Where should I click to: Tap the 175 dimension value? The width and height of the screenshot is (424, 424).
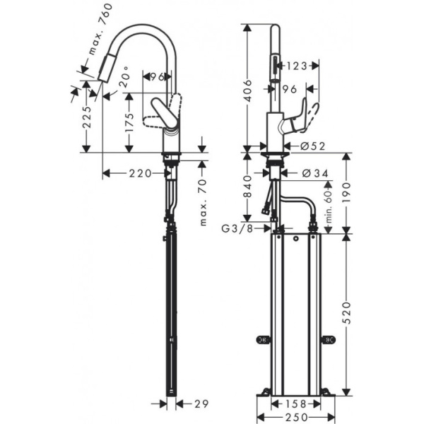[x=129, y=127]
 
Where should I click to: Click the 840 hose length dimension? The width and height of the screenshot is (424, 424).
[x=246, y=187]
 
